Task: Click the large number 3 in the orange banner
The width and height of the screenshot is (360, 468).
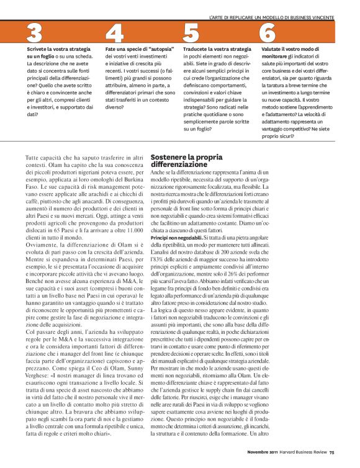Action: pos(35,33)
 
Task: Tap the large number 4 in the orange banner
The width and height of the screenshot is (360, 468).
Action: pos(114,33)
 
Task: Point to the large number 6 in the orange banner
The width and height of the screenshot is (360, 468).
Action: pos(268,33)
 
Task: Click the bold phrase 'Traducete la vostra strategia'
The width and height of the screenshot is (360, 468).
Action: pos(217,48)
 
